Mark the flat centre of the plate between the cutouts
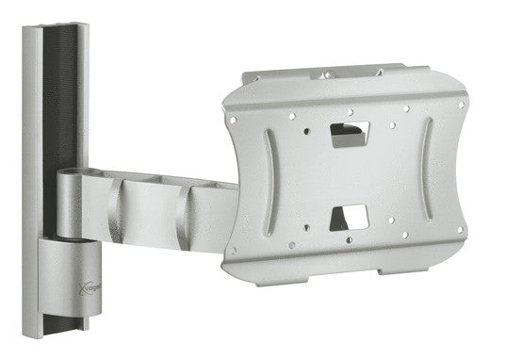[x=348, y=176]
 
